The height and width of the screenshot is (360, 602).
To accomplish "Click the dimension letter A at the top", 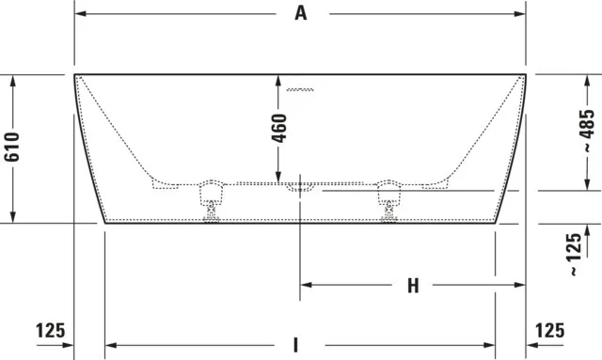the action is pyautogui.click(x=301, y=13).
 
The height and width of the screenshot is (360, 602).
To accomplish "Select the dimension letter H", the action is pyautogui.click(x=413, y=286).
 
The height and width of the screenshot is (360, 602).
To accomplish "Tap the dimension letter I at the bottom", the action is pyautogui.click(x=295, y=345).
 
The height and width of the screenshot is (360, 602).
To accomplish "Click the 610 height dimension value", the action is pyautogui.click(x=12, y=147).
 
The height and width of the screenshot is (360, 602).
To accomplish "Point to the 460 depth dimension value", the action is pyautogui.click(x=279, y=128).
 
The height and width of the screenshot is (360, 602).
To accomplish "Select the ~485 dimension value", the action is pyautogui.click(x=587, y=131).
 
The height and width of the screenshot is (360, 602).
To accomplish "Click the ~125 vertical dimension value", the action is pyautogui.click(x=575, y=254).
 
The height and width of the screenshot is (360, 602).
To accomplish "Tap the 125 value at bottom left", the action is pyautogui.click(x=50, y=331).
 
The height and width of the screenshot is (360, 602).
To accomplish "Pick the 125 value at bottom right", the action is pyautogui.click(x=549, y=331).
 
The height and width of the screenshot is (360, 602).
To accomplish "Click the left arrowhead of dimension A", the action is pyautogui.click(x=80, y=14).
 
